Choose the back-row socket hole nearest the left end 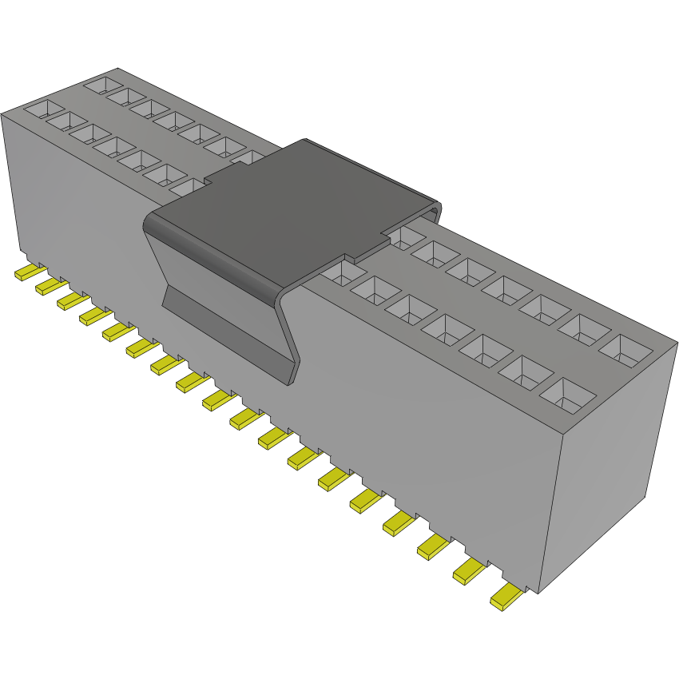click(x=101, y=84)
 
